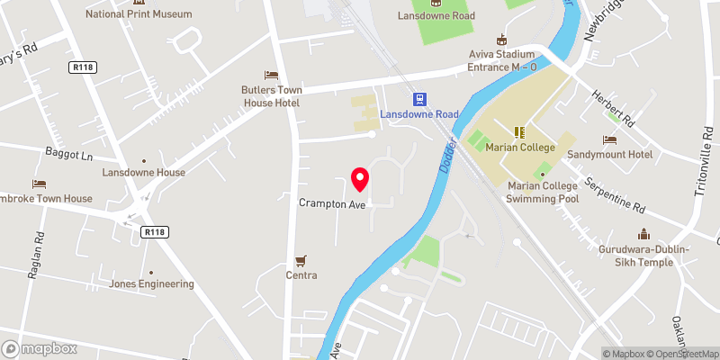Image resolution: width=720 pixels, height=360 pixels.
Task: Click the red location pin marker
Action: tap(360, 179)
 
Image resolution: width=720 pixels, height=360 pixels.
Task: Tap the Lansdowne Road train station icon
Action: tap(418, 98)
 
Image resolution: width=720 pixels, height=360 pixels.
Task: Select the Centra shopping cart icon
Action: tap(301, 259)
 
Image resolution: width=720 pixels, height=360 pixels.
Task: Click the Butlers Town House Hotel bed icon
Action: tap(270, 75)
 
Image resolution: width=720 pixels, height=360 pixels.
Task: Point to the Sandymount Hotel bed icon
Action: tap(609, 140)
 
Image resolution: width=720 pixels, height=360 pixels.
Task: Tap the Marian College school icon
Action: tap(518, 131)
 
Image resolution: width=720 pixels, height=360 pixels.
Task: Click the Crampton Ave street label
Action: tap(332, 204)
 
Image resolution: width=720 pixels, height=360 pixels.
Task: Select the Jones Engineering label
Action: tap(151, 284)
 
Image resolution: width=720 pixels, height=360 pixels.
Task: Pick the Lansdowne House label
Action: tap(144, 172)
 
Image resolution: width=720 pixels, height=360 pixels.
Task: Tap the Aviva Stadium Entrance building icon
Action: tap(502, 40)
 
